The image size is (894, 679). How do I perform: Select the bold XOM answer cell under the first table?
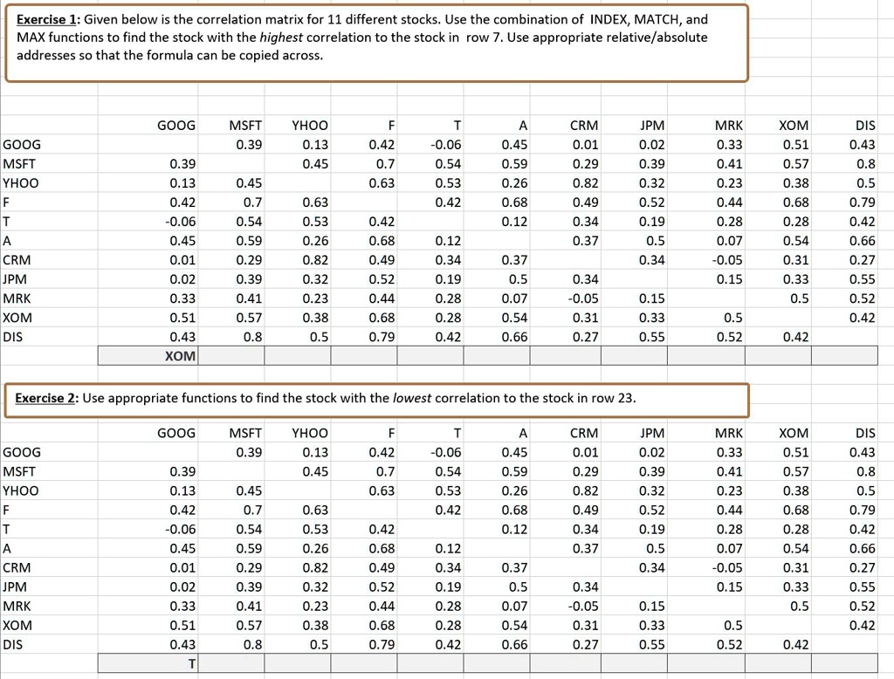[181, 356]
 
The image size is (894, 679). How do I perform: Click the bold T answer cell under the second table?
[191, 663]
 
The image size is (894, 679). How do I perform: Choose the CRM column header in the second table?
[584, 433]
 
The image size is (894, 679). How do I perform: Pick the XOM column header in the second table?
[794, 433]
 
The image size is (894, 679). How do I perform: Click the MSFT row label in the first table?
[19, 164]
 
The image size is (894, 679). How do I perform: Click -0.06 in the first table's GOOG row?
[447, 145]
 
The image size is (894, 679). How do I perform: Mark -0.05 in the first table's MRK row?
[583, 298]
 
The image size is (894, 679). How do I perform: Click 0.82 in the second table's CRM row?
[314, 567]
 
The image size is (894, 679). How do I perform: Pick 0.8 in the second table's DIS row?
[253, 644]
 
